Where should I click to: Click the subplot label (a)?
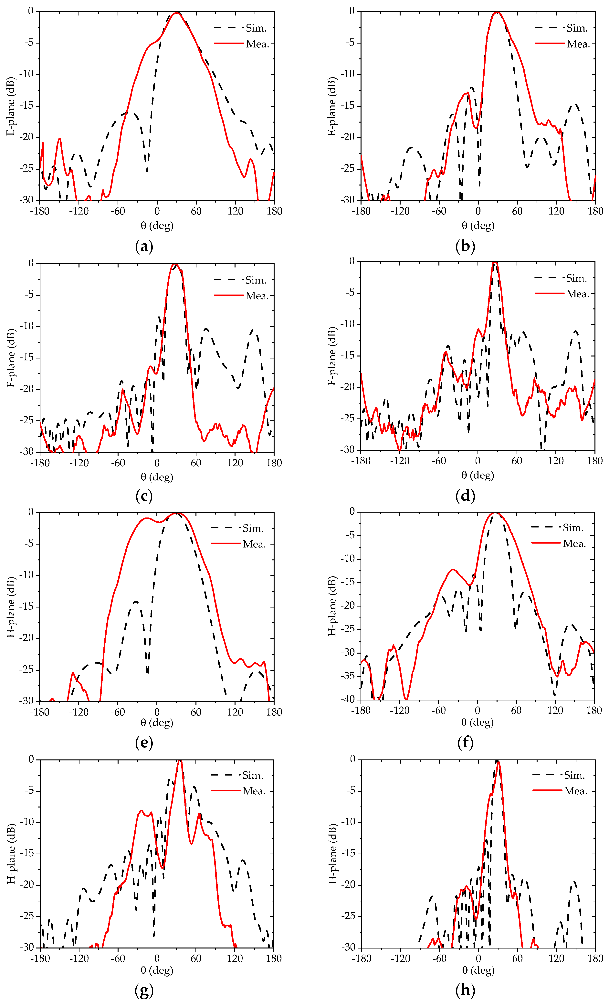[144, 246]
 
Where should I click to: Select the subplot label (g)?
[144, 990]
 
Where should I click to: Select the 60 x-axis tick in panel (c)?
[196, 463]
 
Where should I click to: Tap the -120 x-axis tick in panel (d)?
[400, 461]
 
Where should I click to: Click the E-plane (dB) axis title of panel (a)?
[11, 106]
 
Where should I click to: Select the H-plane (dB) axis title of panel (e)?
[11, 607]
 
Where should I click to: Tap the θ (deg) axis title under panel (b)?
[478, 226]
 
